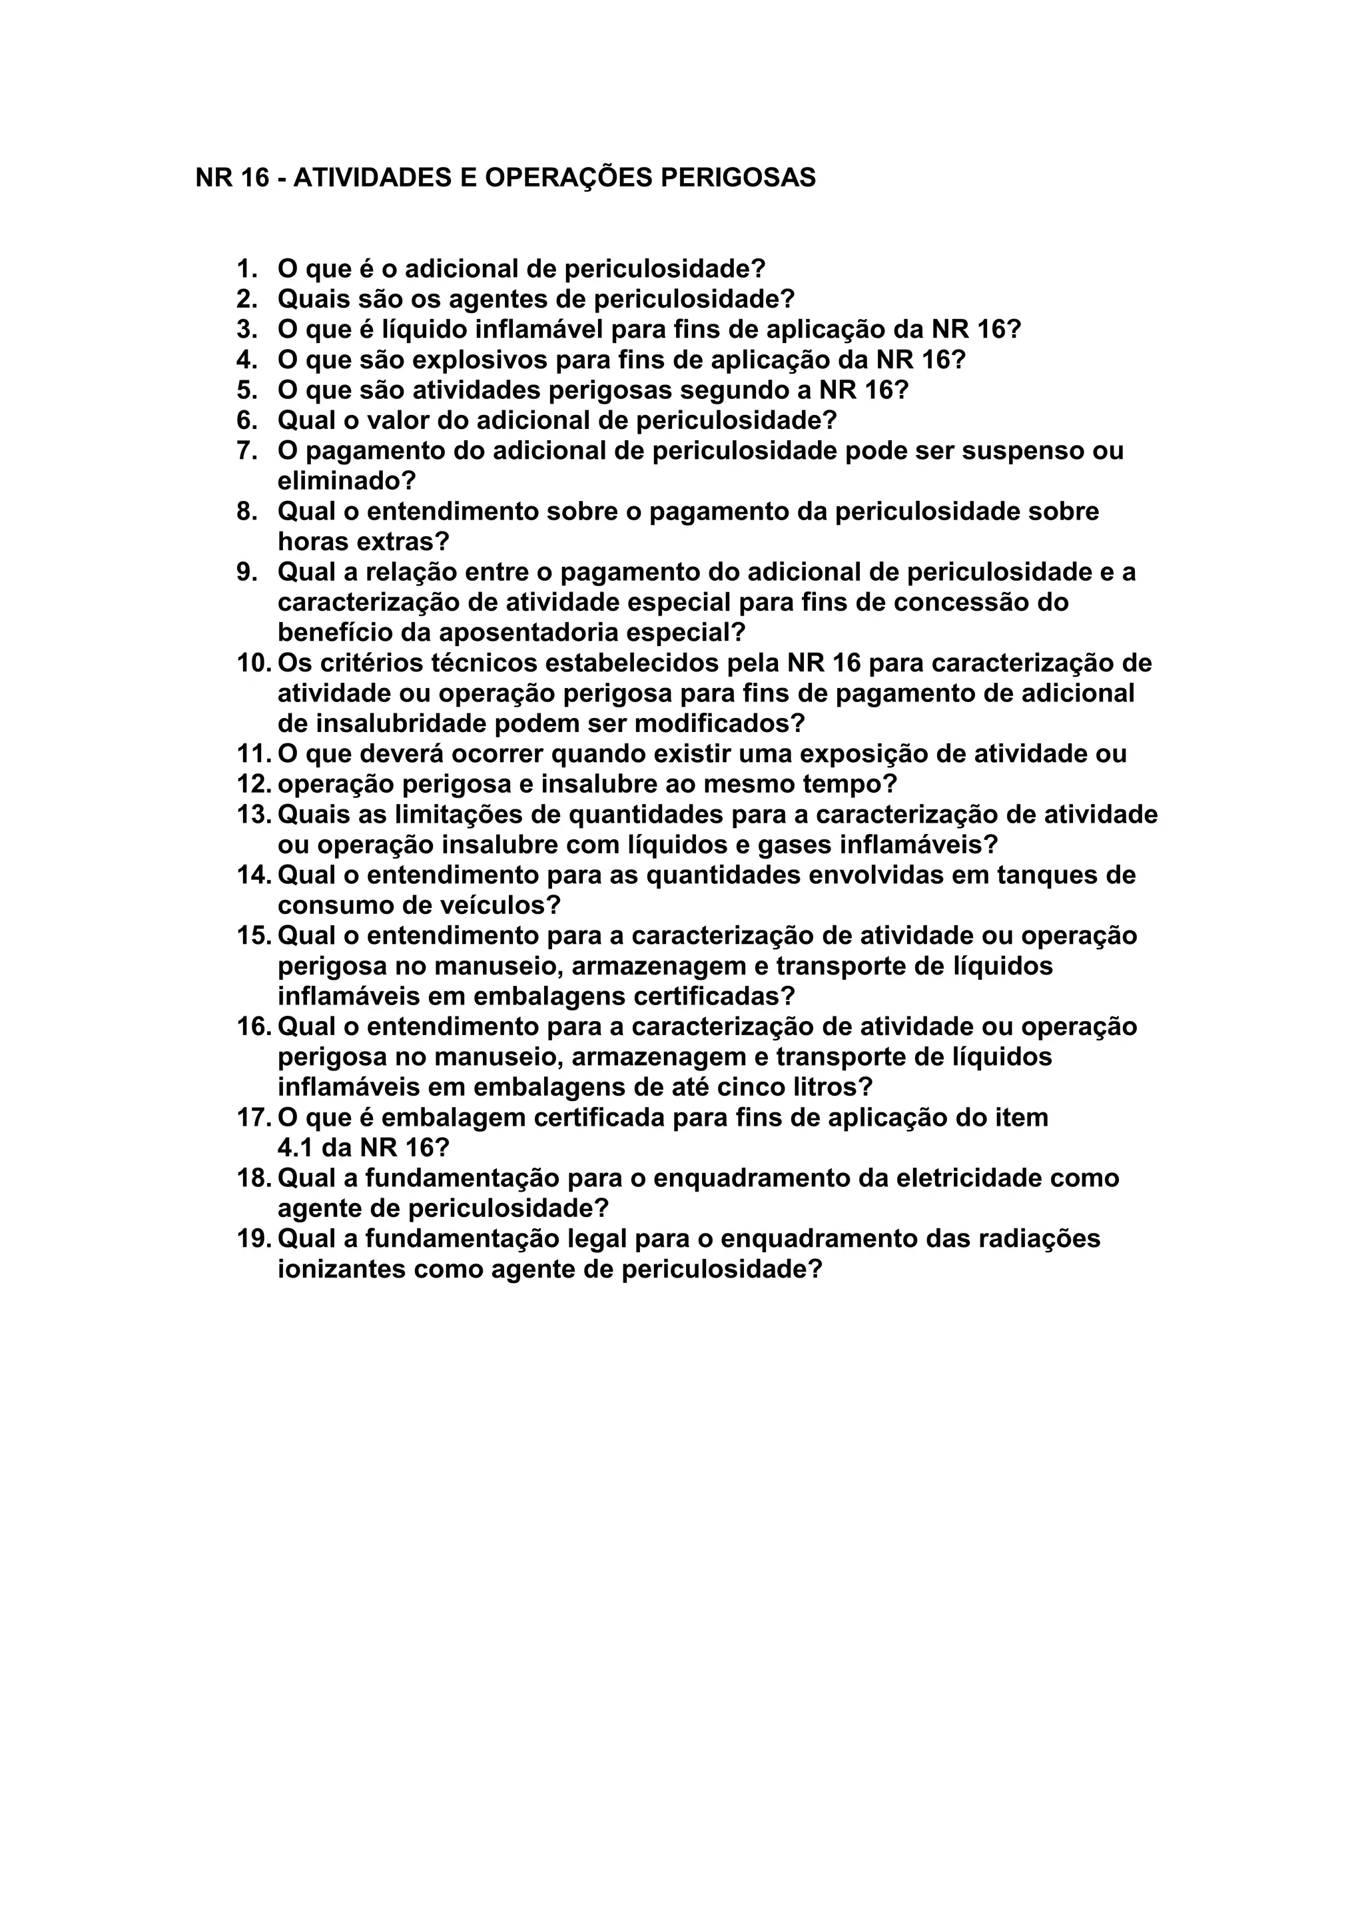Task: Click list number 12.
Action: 254,785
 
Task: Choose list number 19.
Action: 254,1239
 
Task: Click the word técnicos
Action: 484,663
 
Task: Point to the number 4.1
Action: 296,1148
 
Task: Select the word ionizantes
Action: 342,1270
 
